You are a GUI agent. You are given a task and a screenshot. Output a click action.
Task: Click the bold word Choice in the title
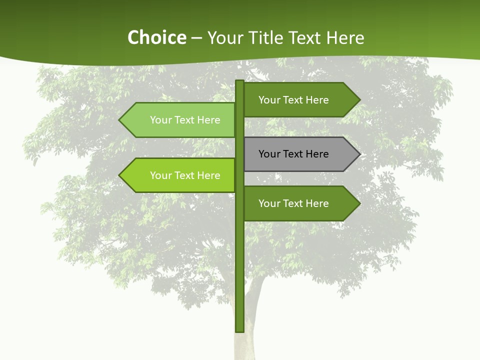(x=156, y=37)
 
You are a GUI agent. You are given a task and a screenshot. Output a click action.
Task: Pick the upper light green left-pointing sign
(x=180, y=120)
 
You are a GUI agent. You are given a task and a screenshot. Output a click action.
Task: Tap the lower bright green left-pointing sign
(x=180, y=175)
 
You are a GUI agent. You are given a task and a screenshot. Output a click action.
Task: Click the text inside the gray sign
(x=293, y=154)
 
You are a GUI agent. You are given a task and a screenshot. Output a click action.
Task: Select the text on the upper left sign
(x=185, y=120)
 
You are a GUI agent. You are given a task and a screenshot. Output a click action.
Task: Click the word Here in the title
(x=345, y=37)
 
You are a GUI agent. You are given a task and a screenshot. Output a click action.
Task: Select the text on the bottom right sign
(x=293, y=203)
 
